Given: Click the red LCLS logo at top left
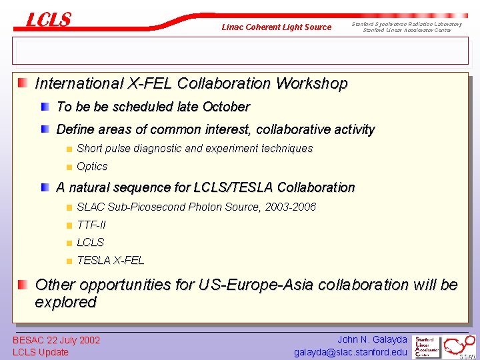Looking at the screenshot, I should tap(48, 20).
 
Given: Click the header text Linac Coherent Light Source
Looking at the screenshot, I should tap(276, 27).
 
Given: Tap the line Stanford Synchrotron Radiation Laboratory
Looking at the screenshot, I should tap(407, 24).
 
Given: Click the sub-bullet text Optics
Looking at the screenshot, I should tap(92, 167).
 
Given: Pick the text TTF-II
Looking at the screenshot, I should tap(91, 225).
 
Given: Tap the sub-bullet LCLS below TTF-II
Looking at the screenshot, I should tap(91, 243).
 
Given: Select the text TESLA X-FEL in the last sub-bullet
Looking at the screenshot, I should tap(110, 261).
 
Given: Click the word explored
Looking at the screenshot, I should tap(65, 302).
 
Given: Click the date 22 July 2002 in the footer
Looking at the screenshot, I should tap(72, 340).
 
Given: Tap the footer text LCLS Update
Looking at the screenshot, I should tap(41, 352).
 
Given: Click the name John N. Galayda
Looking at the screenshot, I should tap(372, 339).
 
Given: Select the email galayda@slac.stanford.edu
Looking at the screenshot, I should tap(351, 352).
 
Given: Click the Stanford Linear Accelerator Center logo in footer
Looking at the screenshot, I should tap(427, 346).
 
